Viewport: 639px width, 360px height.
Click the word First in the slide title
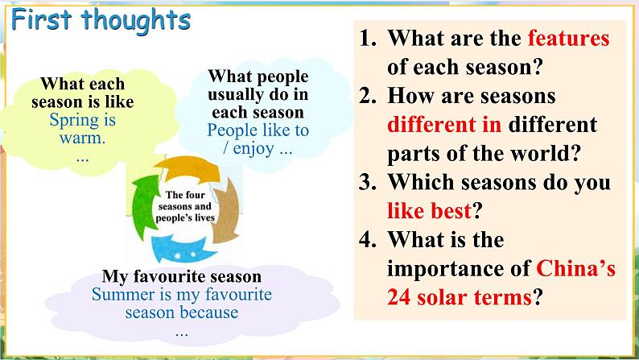coord(42,19)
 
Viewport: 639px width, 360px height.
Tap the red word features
coord(568,39)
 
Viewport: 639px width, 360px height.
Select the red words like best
coord(429,211)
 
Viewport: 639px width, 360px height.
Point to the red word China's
coord(576,269)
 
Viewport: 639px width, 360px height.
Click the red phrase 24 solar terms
coord(460,297)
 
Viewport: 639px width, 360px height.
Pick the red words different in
coord(444,125)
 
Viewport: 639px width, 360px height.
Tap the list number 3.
coord(368,182)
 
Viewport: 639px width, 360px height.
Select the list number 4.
coord(368,240)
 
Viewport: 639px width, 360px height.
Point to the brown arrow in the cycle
coord(225,211)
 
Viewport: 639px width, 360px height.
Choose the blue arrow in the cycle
coord(183,249)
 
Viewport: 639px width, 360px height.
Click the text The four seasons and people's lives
coord(185,206)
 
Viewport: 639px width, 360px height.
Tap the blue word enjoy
coord(254,149)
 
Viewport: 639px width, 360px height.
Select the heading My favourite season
coord(182,276)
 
